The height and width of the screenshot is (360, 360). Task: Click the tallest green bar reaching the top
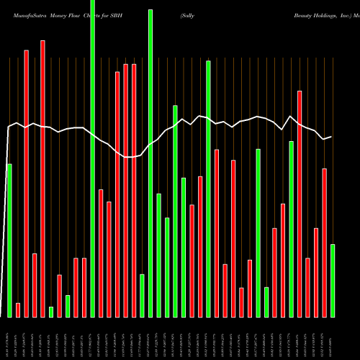pos(93,158)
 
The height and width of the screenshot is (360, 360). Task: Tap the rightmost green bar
pos(333,281)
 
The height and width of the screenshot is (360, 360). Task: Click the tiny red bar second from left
pos(18,310)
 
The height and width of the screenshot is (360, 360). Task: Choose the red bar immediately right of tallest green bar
pos(101,253)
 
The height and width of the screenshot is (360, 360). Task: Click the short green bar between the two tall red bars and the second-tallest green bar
pos(143,295)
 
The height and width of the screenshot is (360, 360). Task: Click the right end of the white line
pos(331,137)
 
